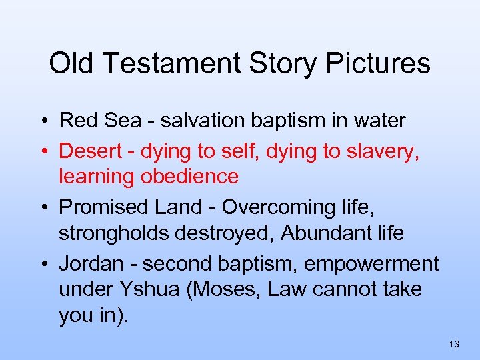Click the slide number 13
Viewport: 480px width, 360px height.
[454, 344]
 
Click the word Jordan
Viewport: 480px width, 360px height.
[91, 264]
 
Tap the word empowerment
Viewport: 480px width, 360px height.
[371, 264]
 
